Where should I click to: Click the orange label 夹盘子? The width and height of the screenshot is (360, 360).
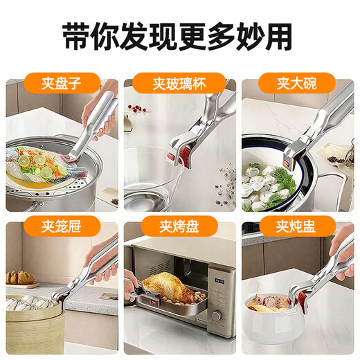point(62,84)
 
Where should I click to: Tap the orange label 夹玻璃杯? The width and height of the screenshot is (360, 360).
point(179,84)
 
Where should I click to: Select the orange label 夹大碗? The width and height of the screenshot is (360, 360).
point(298,84)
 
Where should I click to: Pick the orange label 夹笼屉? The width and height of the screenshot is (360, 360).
point(61,226)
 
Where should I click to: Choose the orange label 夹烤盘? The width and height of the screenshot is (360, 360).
point(179,226)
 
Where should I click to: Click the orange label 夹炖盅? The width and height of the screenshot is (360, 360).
point(298,226)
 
